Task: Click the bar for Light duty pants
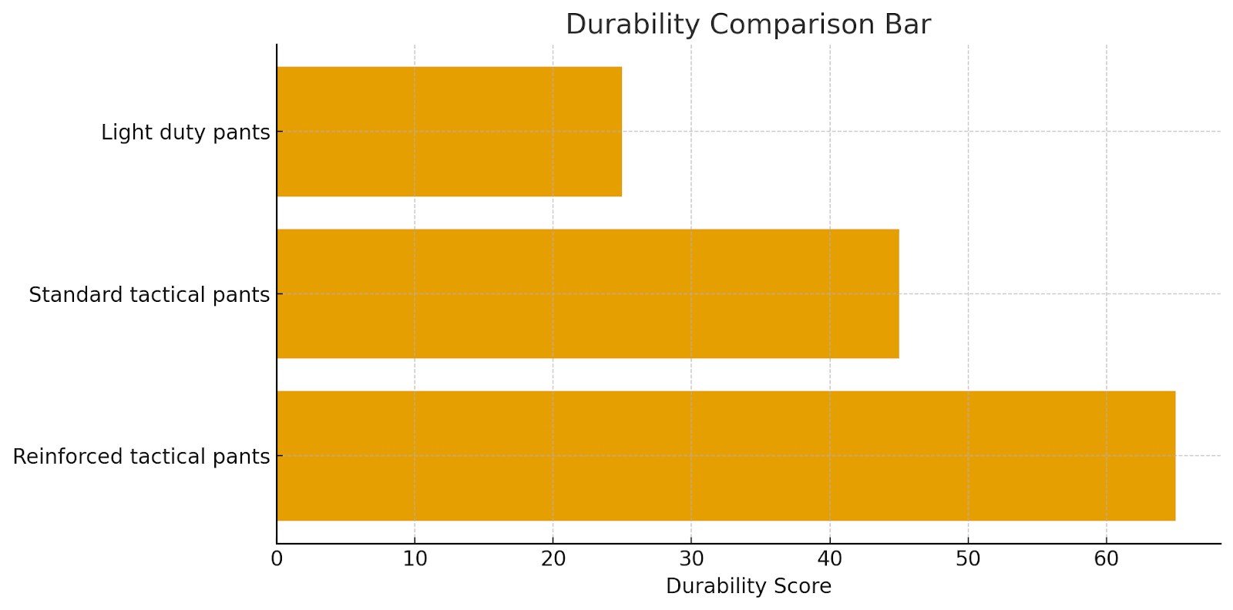click(x=449, y=132)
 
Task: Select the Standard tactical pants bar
click(x=587, y=293)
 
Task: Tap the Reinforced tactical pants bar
click(x=725, y=456)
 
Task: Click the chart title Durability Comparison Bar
click(x=748, y=25)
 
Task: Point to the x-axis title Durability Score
click(x=748, y=587)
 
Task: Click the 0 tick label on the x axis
click(x=277, y=559)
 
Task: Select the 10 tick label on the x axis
click(x=415, y=559)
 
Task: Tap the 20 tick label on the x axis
click(x=553, y=559)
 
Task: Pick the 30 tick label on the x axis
click(x=691, y=559)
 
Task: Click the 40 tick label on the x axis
click(x=830, y=559)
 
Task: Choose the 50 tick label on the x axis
click(x=968, y=559)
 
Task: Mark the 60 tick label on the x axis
click(x=1107, y=559)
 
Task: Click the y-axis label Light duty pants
click(x=185, y=132)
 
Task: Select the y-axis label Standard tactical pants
click(x=149, y=294)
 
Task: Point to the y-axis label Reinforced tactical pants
click(x=141, y=457)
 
